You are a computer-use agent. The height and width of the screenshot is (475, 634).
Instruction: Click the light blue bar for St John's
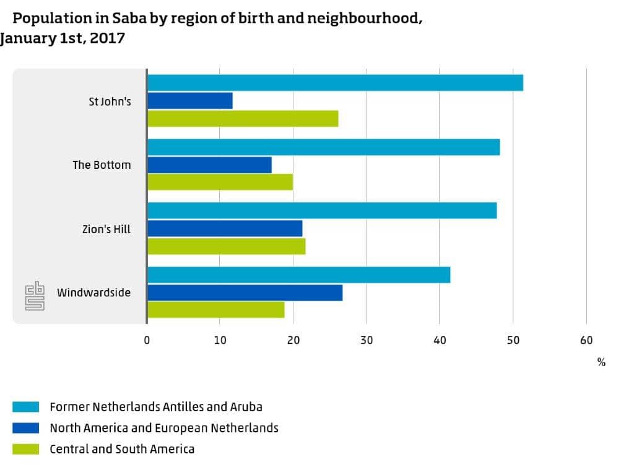click(335, 83)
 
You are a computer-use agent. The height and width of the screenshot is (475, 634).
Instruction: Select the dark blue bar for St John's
click(190, 101)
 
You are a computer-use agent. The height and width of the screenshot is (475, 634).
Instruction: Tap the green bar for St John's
click(243, 119)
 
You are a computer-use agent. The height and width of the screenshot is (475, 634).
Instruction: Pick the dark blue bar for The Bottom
click(209, 165)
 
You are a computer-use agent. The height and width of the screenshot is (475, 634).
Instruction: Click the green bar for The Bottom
click(220, 182)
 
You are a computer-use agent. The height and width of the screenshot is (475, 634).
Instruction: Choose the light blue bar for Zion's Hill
click(322, 210)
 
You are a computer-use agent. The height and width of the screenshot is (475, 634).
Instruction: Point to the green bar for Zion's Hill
click(227, 246)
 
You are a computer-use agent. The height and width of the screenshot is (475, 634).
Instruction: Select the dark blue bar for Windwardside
click(245, 293)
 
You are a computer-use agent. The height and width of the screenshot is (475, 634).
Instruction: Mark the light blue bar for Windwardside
click(299, 275)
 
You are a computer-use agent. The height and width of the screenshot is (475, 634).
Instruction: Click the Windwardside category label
click(94, 293)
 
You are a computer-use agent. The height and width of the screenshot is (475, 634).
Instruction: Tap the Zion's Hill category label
click(106, 229)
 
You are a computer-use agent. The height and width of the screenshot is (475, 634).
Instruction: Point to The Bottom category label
click(102, 165)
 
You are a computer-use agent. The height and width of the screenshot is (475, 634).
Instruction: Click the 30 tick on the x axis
click(367, 340)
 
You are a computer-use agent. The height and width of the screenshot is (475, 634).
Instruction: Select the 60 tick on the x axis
click(586, 340)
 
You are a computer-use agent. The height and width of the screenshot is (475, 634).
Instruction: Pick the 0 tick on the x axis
click(147, 340)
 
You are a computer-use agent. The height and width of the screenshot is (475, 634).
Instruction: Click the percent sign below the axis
click(601, 362)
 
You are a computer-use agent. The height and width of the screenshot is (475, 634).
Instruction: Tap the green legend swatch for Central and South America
click(26, 449)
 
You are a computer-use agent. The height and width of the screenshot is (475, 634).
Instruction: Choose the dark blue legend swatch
click(26, 428)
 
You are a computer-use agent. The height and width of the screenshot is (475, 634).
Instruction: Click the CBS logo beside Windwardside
click(35, 296)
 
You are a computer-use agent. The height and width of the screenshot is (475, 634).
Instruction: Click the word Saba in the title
click(129, 18)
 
